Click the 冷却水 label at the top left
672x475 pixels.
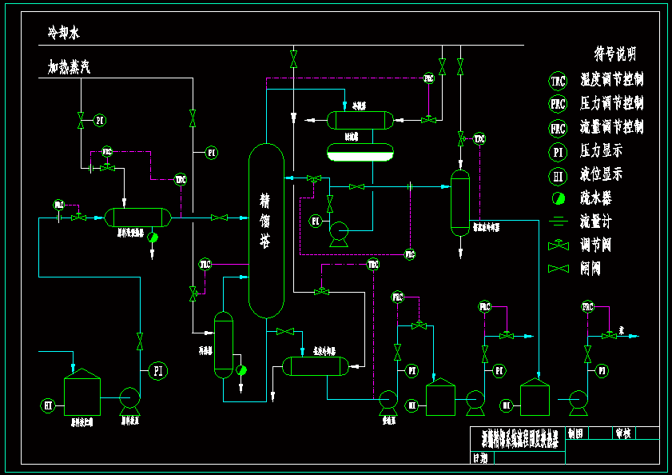[x=64, y=33]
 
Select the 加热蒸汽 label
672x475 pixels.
[x=70, y=67]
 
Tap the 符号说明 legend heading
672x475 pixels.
[x=614, y=54]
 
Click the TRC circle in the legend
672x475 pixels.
[x=558, y=80]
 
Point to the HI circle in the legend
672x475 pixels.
[x=558, y=175]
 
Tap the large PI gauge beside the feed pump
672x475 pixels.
[x=158, y=370]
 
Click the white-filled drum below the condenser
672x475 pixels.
[x=360, y=151]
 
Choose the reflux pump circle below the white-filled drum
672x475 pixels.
[x=339, y=233]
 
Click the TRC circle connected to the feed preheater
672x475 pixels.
[x=181, y=179]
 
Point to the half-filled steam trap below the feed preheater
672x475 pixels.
[x=153, y=237]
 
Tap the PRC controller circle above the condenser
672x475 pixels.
[x=429, y=78]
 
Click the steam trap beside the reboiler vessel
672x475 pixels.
[x=241, y=369]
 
